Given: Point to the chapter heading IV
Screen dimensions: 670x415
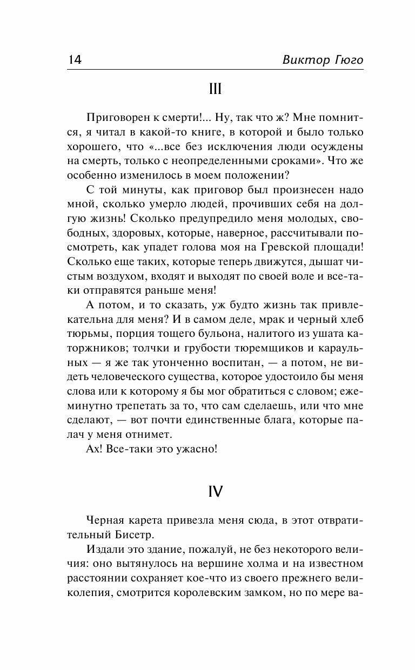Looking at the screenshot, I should click(215, 491).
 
